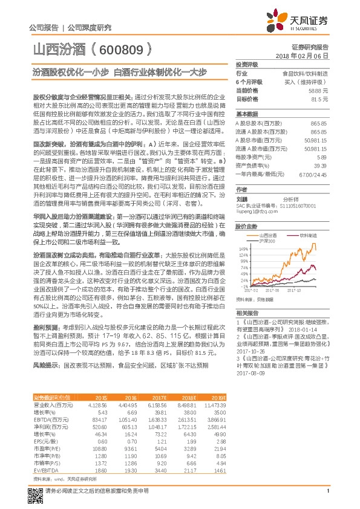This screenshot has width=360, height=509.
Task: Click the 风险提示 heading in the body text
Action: [x=45, y=366]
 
